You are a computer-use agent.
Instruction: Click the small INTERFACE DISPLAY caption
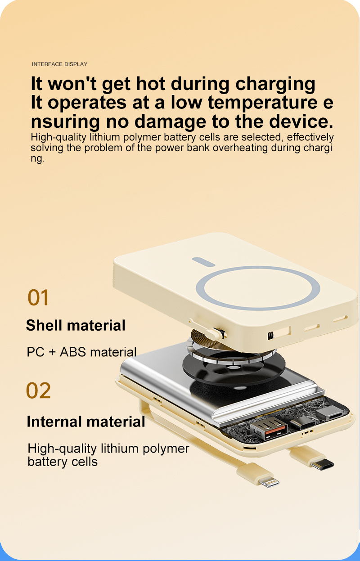pyautogui.click(x=59, y=64)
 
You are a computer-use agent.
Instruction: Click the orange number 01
pyautogui.click(x=38, y=298)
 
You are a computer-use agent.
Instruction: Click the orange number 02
pyautogui.click(x=38, y=390)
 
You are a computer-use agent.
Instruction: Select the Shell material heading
pyautogui.click(x=76, y=325)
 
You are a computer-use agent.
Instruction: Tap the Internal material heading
pyautogui.click(x=86, y=422)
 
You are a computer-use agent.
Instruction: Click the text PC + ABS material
pyautogui.click(x=81, y=352)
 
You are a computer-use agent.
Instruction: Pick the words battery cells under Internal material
pyautogui.click(x=63, y=462)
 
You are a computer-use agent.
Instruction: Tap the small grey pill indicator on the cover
pyautogui.click(x=205, y=260)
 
